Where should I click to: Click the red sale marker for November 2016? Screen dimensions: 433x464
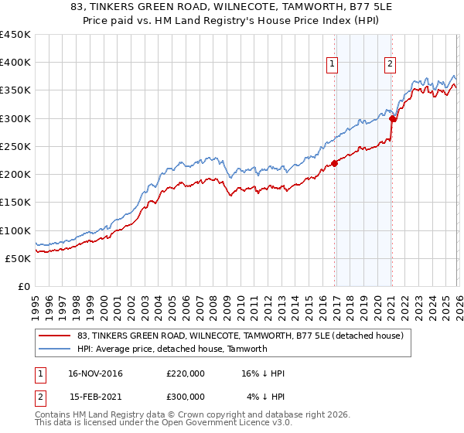[335, 162]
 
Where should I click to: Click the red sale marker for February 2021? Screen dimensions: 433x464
[392, 118]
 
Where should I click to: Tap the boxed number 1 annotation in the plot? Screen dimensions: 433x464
[333, 65]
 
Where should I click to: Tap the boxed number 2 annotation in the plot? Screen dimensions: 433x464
[391, 65]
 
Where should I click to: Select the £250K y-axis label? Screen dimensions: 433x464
[15, 146]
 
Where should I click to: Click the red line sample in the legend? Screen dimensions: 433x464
[56, 336]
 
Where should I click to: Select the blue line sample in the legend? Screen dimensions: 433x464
[56, 349]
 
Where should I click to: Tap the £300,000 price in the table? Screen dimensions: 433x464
[186, 396]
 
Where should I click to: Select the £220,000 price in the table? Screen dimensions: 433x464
[186, 373]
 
